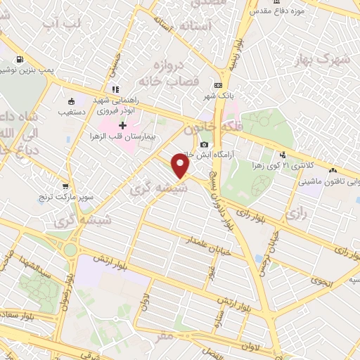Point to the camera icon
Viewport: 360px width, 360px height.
pyautogui.click(x=204, y=144)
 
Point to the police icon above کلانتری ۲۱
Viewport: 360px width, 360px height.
pyautogui.click(x=282, y=155)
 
